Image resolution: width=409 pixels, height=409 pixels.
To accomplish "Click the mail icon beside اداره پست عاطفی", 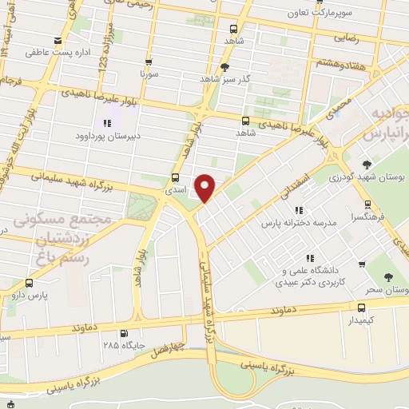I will coord(57,41).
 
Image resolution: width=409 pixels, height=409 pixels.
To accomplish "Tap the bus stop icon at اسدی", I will coord(175,178).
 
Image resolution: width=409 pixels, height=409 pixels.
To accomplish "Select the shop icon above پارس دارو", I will coord(30,283).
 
